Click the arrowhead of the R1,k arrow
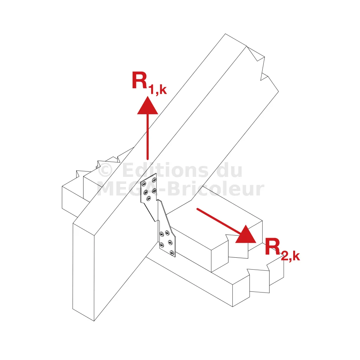148,107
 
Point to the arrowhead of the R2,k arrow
246,235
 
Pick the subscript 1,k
157,90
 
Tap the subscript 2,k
290,256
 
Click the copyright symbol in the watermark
105,170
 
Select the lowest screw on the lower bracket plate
172,253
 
